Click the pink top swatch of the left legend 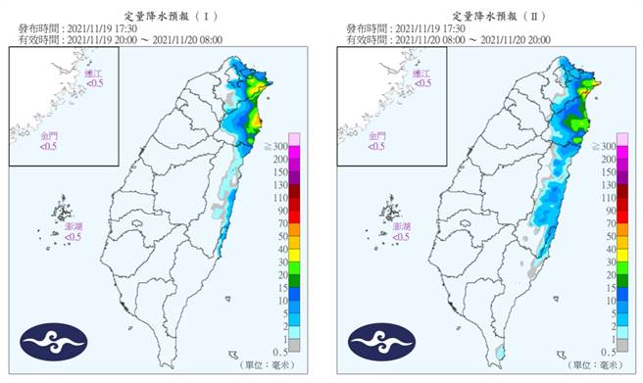click(294, 138)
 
